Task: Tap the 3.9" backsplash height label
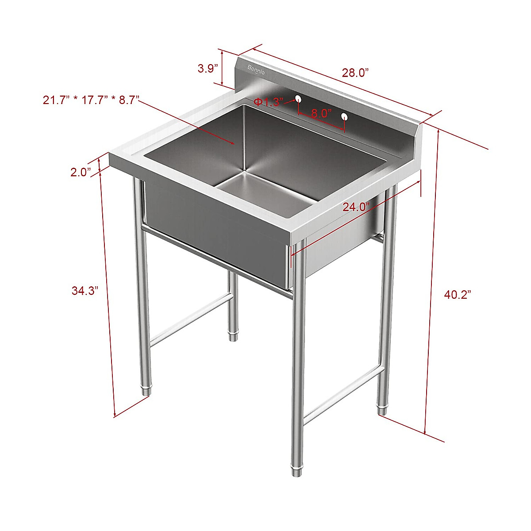pos(208,69)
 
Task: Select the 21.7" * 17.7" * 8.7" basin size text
pos(91,100)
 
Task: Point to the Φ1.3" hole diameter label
pos(268,103)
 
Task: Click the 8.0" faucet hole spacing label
pos(321,113)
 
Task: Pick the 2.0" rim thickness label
pos(81,172)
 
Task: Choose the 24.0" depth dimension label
pos(356,207)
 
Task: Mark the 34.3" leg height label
pos(85,291)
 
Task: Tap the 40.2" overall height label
pos(458,295)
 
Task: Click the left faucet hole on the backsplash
pos(298,99)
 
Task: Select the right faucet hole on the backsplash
pos(344,117)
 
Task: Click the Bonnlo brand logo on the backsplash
pos(256,70)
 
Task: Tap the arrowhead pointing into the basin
pos(233,143)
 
